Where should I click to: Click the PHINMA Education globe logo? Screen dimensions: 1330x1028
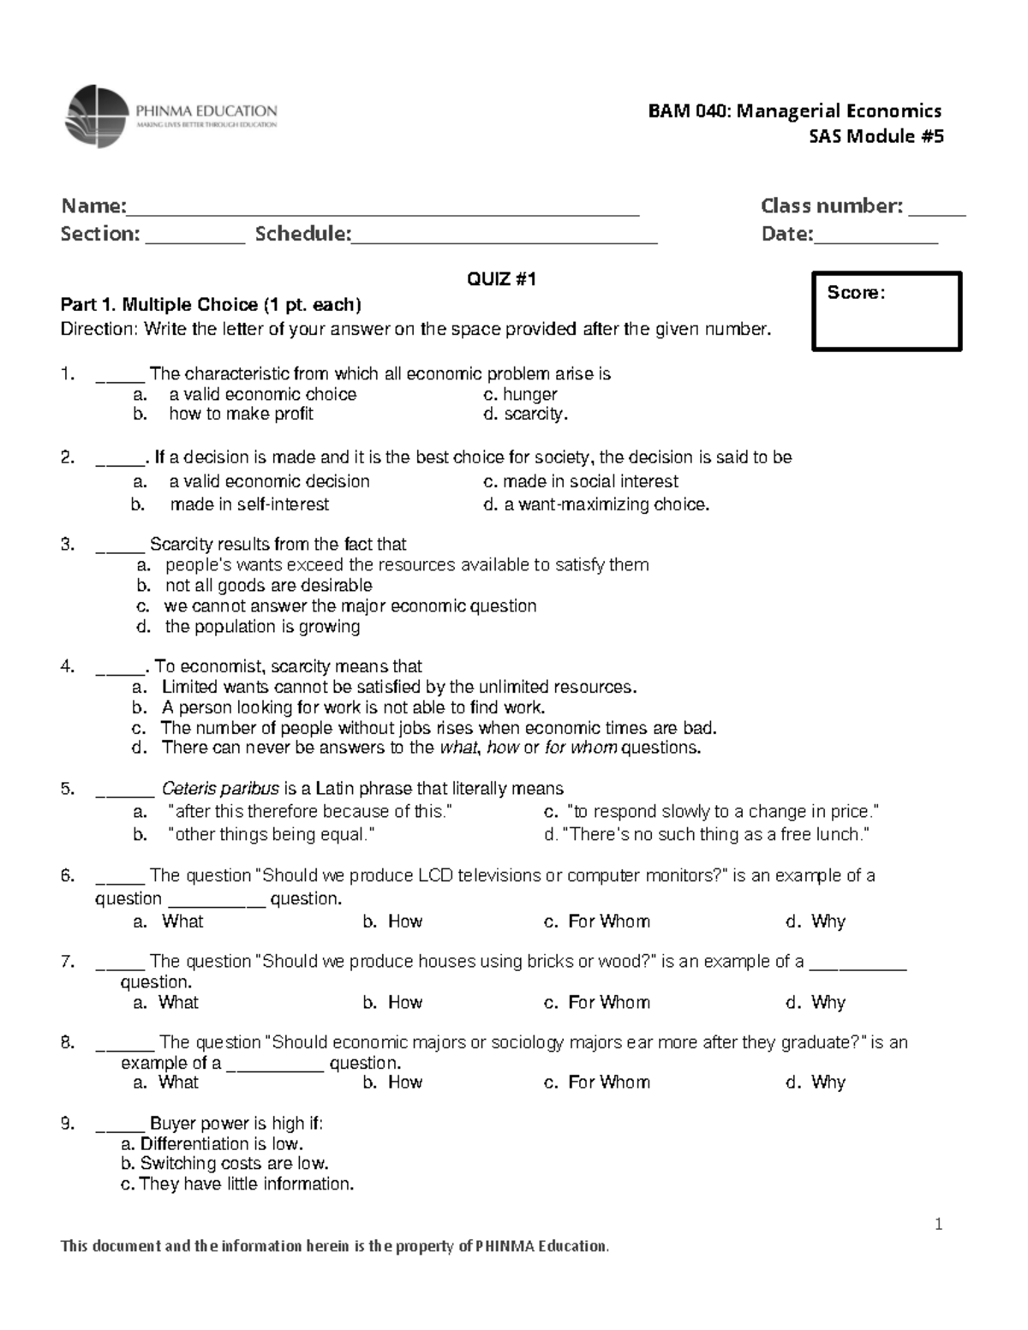pyautogui.click(x=96, y=116)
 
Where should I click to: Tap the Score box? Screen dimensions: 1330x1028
pyautogui.click(x=887, y=311)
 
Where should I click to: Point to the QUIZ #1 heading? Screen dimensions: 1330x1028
pyautogui.click(x=501, y=279)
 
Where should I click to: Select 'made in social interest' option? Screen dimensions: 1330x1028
pyautogui.click(x=581, y=481)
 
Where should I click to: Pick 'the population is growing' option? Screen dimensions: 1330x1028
pyautogui.click(x=262, y=627)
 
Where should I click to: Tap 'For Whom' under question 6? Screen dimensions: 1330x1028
pyautogui.click(x=608, y=921)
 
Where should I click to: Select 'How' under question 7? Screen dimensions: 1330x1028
pyautogui.click(x=404, y=1003)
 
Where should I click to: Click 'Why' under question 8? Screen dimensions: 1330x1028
pyautogui.click(x=828, y=1082)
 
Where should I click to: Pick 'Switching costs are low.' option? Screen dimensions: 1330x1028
pyautogui.click(x=234, y=1164)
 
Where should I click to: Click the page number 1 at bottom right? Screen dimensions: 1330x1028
pyautogui.click(x=938, y=1225)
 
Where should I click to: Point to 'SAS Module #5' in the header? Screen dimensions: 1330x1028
pyautogui.click(x=877, y=136)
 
